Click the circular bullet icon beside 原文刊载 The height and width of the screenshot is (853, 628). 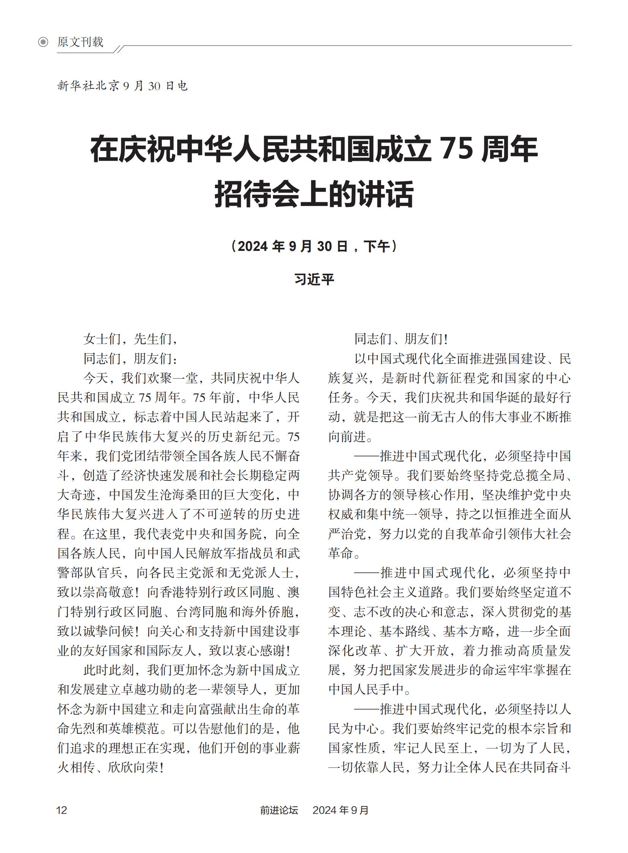pyautogui.click(x=43, y=42)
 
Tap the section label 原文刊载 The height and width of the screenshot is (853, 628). pyautogui.click(x=80, y=42)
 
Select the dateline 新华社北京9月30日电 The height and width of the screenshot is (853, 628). pyautogui.click(x=122, y=86)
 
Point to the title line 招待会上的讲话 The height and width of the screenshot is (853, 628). pyautogui.click(x=313, y=194)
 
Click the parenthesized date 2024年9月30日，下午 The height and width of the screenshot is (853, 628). pyautogui.click(x=313, y=246)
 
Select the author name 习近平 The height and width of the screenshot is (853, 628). pyautogui.click(x=314, y=279)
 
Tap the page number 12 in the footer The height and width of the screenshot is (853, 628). pyautogui.click(x=62, y=810)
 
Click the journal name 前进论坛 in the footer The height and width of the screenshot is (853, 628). pyautogui.click(x=279, y=810)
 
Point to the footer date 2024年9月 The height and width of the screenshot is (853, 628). pyautogui.click(x=341, y=810)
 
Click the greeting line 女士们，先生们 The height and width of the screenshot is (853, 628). pyautogui.click(x=130, y=339)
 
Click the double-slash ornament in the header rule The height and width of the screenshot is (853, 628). pyautogui.click(x=119, y=49)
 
